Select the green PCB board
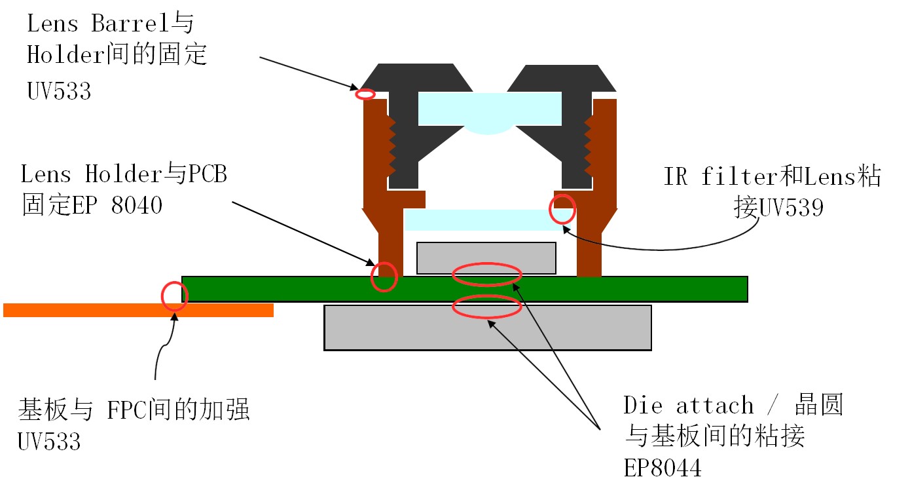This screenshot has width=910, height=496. pyautogui.click(x=655, y=288)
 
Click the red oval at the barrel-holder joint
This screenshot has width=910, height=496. pyautogui.click(x=365, y=94)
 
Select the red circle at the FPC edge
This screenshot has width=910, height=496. pyautogui.click(x=174, y=296)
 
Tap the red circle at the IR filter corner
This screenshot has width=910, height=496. pyautogui.click(x=562, y=209)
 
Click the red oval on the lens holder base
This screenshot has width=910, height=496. pyautogui.click(x=384, y=277)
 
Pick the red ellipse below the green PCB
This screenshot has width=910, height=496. pyautogui.click(x=487, y=307)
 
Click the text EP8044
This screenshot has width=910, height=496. pyautogui.click(x=662, y=468)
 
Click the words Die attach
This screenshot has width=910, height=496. pyautogui.click(x=687, y=406)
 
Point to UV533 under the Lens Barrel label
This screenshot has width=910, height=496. pyautogui.click(x=59, y=90)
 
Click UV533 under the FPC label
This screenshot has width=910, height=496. pyautogui.click(x=49, y=442)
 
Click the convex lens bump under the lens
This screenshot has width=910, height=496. pyautogui.click(x=490, y=129)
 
